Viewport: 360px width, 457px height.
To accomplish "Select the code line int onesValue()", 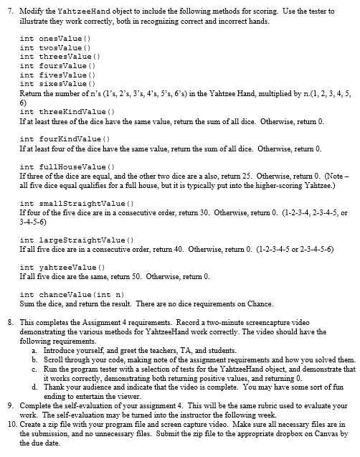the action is [x=49, y=37].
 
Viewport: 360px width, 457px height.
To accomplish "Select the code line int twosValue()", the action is [x=49, y=47].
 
